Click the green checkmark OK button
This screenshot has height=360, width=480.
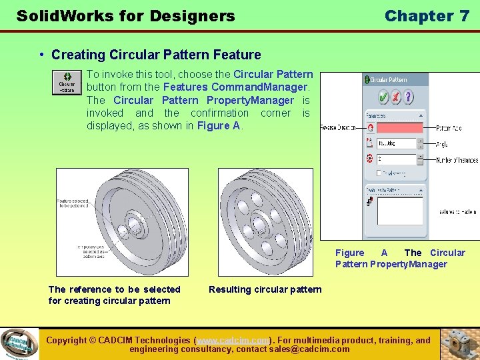(383, 97)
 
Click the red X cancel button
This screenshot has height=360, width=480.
(395, 97)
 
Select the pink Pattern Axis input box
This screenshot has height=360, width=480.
(400, 127)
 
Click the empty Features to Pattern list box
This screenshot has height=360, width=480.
(400, 211)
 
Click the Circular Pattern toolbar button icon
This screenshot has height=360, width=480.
(67, 83)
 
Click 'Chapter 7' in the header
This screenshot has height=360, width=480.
(427, 16)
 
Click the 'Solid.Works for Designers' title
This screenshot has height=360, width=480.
(125, 16)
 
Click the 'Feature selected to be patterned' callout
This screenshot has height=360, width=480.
(73, 203)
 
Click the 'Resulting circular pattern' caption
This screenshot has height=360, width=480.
(265, 289)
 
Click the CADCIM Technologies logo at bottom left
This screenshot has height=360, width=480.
(19, 344)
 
